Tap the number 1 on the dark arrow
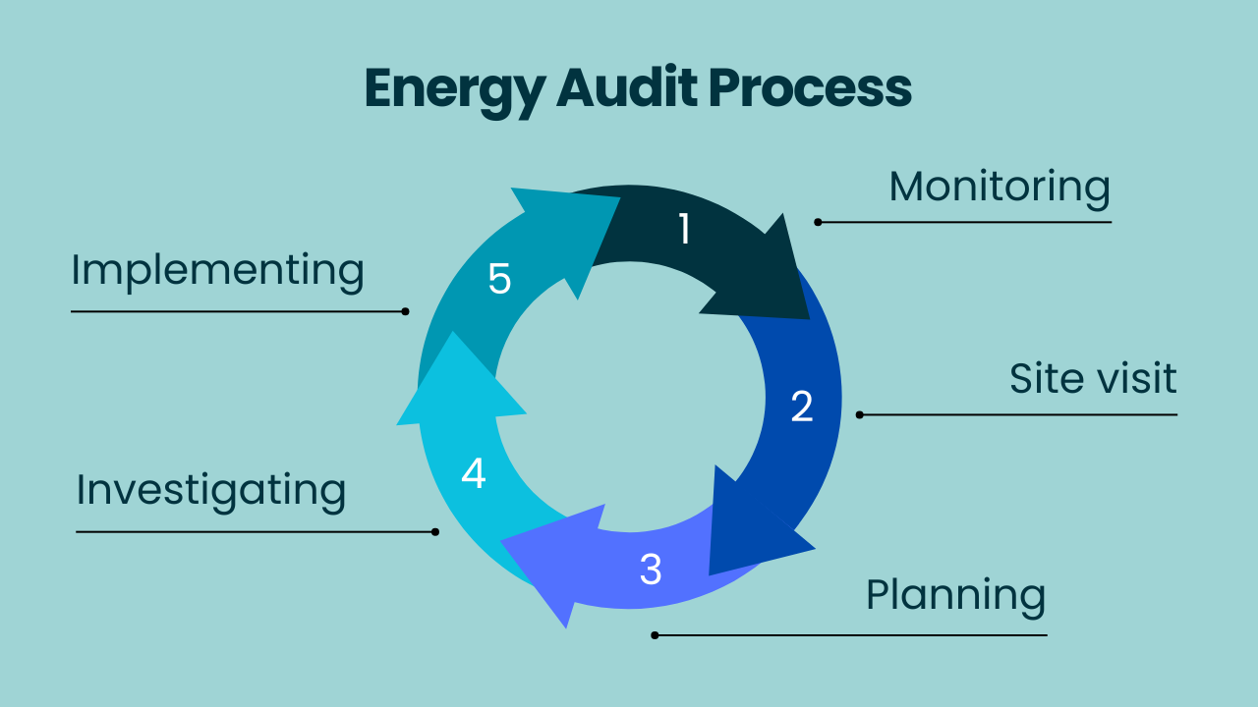pyautogui.click(x=684, y=229)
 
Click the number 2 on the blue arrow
pyautogui.click(x=802, y=407)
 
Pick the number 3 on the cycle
pyautogui.click(x=651, y=570)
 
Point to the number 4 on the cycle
pyautogui.click(x=474, y=473)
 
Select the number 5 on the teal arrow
pyautogui.click(x=499, y=280)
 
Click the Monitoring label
pyautogui.click(x=1000, y=187)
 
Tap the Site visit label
pyautogui.click(x=1093, y=378)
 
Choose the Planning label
pyautogui.click(x=955, y=595)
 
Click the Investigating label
pyautogui.click(x=211, y=489)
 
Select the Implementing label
pyautogui.click(x=217, y=270)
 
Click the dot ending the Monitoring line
pyautogui.click(x=818, y=222)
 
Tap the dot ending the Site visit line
pyautogui.click(x=859, y=414)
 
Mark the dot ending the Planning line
pyautogui.click(x=655, y=634)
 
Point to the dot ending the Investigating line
pyautogui.click(x=435, y=531)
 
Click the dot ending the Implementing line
pyautogui.click(x=405, y=311)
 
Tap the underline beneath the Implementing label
pyautogui.click(x=236, y=311)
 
